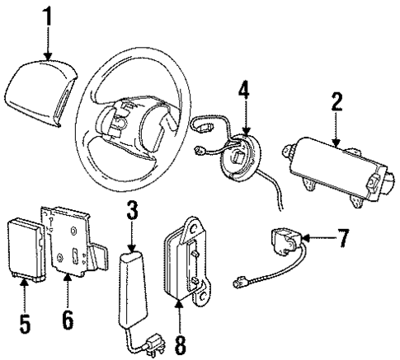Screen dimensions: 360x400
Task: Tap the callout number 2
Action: pyautogui.click(x=336, y=104)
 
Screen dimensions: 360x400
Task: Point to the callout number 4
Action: pyautogui.click(x=243, y=90)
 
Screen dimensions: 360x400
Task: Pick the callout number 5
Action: pyautogui.click(x=25, y=322)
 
